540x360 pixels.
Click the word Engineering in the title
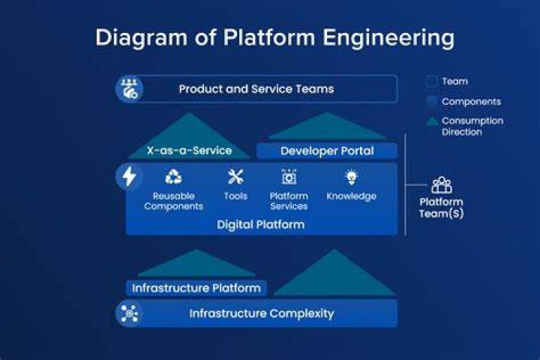[x=388, y=37]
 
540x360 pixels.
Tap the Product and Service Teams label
[x=256, y=89]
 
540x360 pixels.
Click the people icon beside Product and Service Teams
[x=129, y=89]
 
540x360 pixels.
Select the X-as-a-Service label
[x=190, y=150]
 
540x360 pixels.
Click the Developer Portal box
[x=327, y=151]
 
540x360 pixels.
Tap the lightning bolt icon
[x=129, y=177]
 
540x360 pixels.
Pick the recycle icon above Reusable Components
[x=173, y=177]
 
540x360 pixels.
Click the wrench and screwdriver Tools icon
[x=235, y=177]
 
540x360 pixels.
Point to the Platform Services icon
[x=289, y=177]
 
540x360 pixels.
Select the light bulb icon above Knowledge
[x=351, y=178]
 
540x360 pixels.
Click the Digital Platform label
[x=261, y=224]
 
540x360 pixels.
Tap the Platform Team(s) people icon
[x=442, y=185]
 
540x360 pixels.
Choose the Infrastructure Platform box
[x=196, y=288]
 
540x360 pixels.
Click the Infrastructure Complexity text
[x=262, y=313]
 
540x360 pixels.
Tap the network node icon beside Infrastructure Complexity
[x=130, y=313]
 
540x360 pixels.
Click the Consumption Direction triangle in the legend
[x=431, y=121]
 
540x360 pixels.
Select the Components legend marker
[x=431, y=101]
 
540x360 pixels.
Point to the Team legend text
[x=455, y=81]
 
